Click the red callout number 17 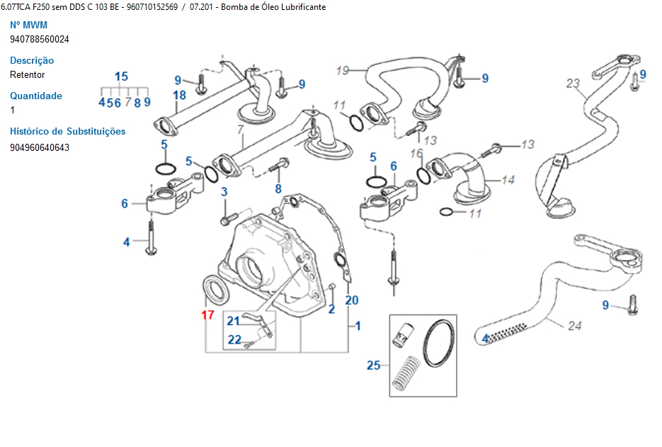207,315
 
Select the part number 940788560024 40,40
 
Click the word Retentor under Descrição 28,74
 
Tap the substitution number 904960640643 40,147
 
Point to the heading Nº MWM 28,26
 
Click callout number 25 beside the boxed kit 374,366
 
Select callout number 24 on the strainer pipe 574,326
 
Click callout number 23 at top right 572,84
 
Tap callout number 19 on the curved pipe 343,70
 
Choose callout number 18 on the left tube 179,95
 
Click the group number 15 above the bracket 121,77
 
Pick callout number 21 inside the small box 234,321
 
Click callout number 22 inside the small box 234,339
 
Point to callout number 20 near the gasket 352,300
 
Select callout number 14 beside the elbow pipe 508,180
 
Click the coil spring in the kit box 406,372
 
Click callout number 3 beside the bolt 224,192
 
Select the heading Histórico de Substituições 67,131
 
